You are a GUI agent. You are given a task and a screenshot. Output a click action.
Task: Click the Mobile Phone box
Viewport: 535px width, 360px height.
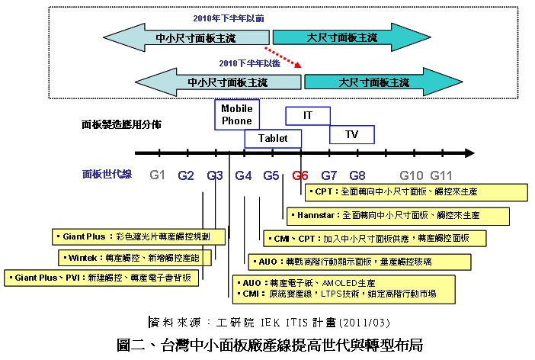(x=236, y=114)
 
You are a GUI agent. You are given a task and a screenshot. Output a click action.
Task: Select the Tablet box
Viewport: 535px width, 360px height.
(x=273, y=139)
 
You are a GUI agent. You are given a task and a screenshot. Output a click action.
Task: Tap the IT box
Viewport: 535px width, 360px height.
(x=308, y=115)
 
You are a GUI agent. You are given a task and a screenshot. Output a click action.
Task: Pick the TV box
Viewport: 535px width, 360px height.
(x=351, y=134)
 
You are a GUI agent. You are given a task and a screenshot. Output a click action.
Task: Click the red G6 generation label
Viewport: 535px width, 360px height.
(x=300, y=175)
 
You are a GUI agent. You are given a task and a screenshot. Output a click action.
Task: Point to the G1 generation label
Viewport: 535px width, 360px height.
(x=158, y=175)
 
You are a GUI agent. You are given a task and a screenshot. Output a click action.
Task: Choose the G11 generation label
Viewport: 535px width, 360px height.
(x=440, y=175)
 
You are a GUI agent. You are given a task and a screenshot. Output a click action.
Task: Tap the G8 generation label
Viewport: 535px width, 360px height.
(x=357, y=175)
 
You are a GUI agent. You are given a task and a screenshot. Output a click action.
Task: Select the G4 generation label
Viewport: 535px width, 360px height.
(x=243, y=175)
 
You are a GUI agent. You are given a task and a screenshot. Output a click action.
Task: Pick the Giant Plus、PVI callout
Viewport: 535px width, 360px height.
(x=102, y=278)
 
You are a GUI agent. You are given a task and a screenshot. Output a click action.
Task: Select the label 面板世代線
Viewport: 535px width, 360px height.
(x=107, y=175)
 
